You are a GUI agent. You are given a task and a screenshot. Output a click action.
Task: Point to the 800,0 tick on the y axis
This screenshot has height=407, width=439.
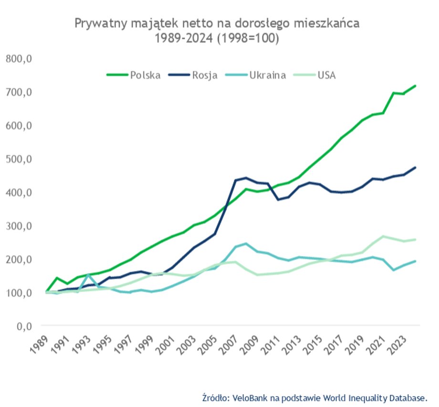click(18, 59)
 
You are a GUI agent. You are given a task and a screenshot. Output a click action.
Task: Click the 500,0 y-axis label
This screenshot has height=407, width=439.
click(18, 159)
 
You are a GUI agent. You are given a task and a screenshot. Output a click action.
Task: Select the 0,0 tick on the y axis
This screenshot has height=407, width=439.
click(22, 326)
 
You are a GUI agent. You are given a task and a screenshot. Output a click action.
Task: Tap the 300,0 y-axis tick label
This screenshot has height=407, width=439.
click(18, 226)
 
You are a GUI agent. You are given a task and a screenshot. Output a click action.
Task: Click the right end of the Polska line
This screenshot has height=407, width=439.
click(416, 86)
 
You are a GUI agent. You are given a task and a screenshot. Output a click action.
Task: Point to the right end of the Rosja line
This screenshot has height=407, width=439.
click(416, 168)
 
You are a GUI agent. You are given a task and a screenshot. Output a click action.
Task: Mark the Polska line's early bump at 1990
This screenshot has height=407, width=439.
click(58, 278)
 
